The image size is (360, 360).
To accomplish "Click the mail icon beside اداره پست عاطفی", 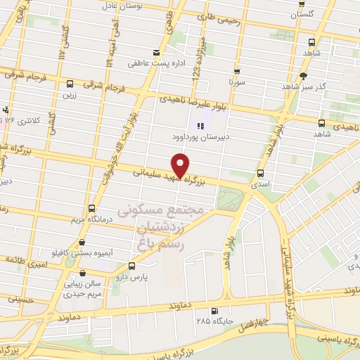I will click(x=156, y=52).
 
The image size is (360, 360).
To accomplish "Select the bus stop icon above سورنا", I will click(x=236, y=71).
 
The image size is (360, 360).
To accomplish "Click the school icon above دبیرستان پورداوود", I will click(x=200, y=127).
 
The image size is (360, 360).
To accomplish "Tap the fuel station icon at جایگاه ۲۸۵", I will click(x=214, y=311).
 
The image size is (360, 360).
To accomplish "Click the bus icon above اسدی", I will click(x=261, y=173).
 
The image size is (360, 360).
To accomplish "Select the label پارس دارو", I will click(x=133, y=278).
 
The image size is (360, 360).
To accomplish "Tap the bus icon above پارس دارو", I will click(x=132, y=266).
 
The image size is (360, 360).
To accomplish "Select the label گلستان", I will click(x=307, y=14).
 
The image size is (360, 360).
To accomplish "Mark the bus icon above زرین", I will click(x=69, y=83).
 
